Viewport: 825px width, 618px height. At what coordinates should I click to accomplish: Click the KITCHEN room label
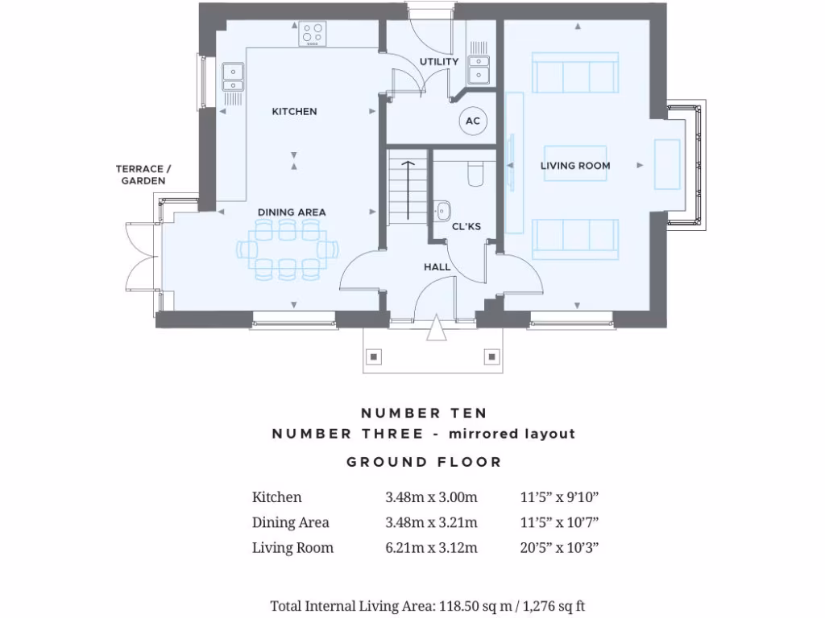point(294,111)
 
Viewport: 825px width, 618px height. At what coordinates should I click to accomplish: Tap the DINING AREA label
point(292,212)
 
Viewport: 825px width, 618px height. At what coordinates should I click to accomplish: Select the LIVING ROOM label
point(575,166)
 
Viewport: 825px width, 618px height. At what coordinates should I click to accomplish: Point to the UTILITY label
point(439,62)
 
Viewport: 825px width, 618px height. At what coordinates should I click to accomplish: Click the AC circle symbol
point(474,122)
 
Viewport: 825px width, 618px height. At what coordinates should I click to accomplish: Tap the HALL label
point(437,267)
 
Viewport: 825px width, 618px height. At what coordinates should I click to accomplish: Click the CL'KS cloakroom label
point(466,227)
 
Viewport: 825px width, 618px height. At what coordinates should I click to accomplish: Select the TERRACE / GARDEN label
point(143,175)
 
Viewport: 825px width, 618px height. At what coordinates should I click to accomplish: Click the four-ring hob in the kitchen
point(313,35)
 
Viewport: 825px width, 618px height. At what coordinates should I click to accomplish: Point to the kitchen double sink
point(232,76)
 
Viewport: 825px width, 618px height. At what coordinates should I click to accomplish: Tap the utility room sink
point(479,70)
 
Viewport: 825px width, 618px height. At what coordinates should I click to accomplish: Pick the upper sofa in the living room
point(576,73)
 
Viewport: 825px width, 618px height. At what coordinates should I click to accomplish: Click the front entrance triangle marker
point(436,330)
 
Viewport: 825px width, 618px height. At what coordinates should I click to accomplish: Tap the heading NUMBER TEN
point(424,413)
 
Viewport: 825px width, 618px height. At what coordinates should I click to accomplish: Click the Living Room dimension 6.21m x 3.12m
point(431,548)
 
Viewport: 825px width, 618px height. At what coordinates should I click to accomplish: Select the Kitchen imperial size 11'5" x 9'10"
point(561,497)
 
